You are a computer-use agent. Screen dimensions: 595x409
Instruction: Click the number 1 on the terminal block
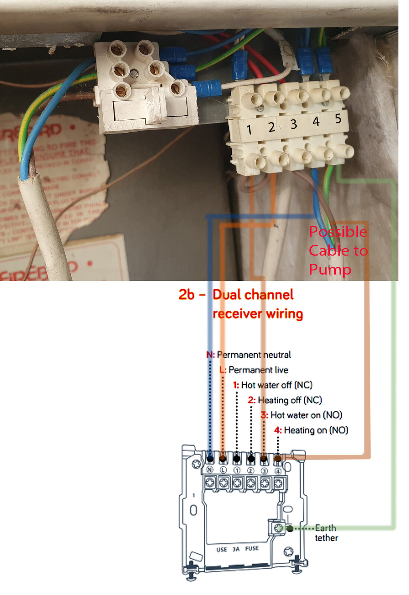249,130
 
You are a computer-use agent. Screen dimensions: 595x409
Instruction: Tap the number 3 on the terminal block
294,124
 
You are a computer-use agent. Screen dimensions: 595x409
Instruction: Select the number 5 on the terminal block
338,119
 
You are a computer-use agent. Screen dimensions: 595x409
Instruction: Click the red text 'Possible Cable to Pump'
338,250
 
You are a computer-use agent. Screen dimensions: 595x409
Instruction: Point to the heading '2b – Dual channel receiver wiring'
241,304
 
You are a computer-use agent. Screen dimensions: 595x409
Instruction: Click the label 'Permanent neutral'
253,355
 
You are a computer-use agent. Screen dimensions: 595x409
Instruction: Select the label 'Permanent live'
258,370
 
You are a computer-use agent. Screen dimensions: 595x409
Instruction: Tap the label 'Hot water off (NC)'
276,385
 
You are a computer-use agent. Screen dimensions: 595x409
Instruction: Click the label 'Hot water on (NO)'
306,415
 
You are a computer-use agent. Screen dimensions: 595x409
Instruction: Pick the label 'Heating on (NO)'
316,430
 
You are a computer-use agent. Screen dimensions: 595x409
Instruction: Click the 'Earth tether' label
326,533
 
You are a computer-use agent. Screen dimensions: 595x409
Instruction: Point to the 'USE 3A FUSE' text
237,549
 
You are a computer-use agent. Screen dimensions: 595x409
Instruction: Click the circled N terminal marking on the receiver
210,470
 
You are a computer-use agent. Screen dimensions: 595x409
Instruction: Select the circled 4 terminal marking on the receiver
278,471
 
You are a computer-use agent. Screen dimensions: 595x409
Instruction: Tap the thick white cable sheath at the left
48,219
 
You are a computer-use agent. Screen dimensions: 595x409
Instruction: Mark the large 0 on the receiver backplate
193,510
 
